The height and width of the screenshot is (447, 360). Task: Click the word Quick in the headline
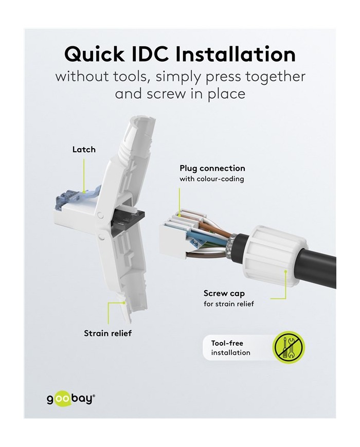(94, 54)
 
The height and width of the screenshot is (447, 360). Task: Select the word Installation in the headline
(236, 53)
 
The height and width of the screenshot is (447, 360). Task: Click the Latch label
(84, 149)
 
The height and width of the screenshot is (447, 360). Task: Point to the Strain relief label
(108, 333)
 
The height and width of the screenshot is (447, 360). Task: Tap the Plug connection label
(212, 168)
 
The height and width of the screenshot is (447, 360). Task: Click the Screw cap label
(224, 293)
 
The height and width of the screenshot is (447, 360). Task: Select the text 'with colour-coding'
(212, 179)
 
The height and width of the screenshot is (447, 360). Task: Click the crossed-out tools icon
(289, 347)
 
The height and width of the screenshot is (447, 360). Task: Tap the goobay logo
(69, 399)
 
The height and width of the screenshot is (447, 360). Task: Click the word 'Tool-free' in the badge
(227, 343)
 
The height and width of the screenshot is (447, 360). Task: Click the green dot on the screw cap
(285, 271)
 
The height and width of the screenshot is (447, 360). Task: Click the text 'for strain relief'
(228, 304)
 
